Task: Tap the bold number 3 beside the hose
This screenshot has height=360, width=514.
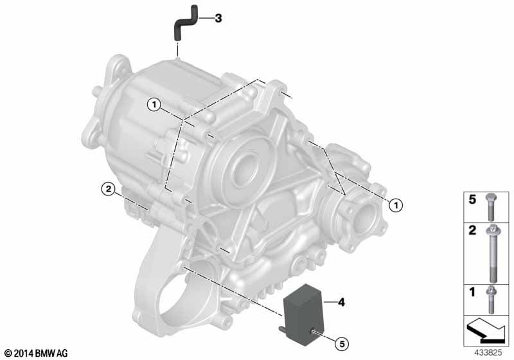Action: tap(218, 19)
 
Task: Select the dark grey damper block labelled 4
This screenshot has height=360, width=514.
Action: tap(303, 314)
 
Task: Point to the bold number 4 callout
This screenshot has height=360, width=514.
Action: tap(341, 302)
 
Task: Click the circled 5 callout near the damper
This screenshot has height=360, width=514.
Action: tap(342, 344)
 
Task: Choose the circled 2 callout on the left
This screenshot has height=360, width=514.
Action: tap(108, 189)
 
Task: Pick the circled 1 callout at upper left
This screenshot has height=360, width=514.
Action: tap(154, 105)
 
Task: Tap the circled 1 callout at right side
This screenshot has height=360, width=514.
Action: tap(396, 206)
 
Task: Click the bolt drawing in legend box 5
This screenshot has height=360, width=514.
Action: tap(490, 207)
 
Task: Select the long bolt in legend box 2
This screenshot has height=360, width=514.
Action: tap(493, 254)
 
